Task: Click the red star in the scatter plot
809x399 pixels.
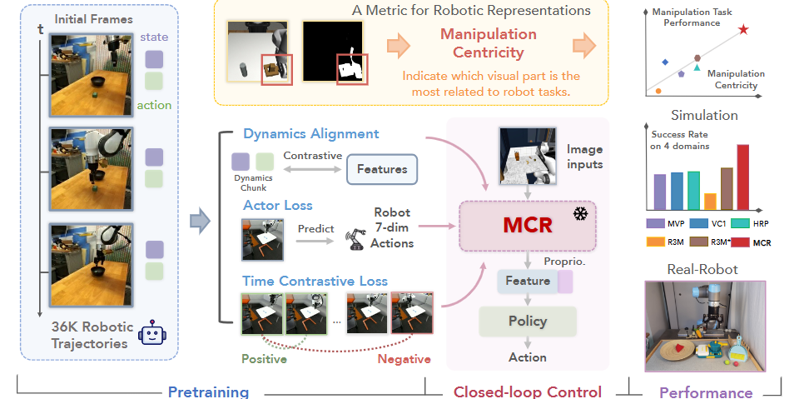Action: (x=743, y=30)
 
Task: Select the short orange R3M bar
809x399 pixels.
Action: (x=710, y=202)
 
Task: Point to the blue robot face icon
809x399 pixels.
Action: (x=151, y=333)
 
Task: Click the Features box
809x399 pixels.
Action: (x=382, y=169)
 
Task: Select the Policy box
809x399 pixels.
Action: (x=528, y=321)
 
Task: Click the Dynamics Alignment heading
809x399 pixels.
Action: (x=310, y=133)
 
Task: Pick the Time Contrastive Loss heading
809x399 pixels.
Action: (x=315, y=281)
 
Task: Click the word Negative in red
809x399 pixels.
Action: (x=404, y=359)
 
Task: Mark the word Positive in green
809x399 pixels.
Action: (x=265, y=359)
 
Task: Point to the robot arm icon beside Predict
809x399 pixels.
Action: (x=357, y=237)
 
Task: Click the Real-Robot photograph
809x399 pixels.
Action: (x=705, y=326)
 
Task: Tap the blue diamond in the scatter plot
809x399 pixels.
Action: (x=664, y=62)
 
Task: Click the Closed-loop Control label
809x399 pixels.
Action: (x=527, y=392)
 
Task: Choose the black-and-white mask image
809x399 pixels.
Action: (x=335, y=52)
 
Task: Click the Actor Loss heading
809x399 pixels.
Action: (x=277, y=205)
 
